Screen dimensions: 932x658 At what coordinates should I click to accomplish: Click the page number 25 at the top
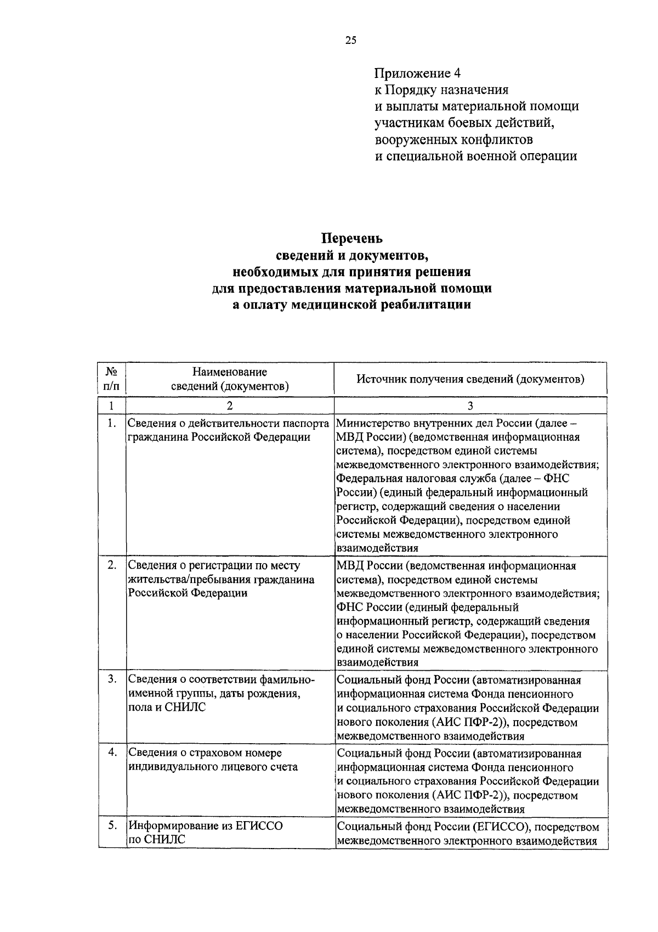coord(351,40)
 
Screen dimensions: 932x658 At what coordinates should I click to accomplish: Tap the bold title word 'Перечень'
coord(351,239)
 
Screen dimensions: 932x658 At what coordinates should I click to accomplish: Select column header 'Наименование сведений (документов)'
coord(230,379)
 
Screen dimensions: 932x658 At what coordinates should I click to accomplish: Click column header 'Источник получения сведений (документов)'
coord(470,379)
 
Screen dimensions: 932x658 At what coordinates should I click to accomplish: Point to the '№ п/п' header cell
coord(111,379)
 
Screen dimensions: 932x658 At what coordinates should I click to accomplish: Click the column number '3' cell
coord(470,406)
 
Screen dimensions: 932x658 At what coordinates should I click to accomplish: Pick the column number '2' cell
coord(230,406)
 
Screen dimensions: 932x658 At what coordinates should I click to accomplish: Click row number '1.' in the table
coord(112,423)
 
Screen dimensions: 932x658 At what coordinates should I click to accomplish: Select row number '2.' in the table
coord(112,565)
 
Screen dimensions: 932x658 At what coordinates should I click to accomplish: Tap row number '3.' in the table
coord(112,680)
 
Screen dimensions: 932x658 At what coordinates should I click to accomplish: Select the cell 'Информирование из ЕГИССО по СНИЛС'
coord(206,833)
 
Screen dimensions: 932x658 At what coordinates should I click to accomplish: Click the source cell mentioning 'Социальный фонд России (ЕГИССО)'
coord(468,834)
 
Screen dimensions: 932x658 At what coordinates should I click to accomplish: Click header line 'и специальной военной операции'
coord(475,156)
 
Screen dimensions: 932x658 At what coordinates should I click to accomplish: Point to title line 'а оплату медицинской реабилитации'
coord(351,305)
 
